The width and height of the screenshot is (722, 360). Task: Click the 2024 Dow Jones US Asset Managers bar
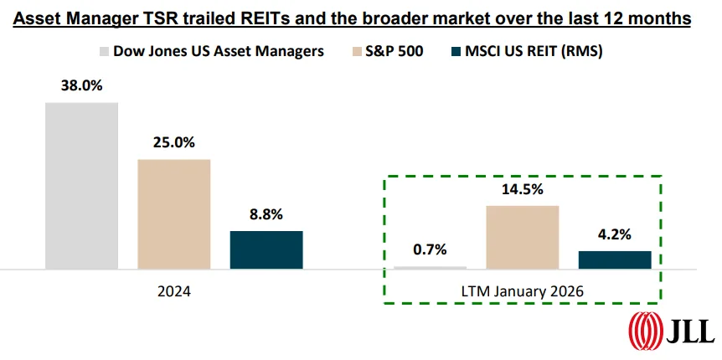[x=81, y=185]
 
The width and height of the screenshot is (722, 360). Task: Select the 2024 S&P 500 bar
[x=173, y=213]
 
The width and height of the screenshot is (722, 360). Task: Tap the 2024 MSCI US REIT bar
[x=266, y=249]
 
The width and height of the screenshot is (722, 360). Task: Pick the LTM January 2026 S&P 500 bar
[x=522, y=237]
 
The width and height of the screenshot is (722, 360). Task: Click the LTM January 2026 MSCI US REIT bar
[x=614, y=260]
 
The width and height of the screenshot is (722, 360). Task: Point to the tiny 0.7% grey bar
[x=430, y=268]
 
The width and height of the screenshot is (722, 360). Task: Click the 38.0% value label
[x=81, y=86]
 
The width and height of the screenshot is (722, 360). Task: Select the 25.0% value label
[x=173, y=143]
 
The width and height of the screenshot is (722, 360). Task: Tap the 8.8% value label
[x=266, y=214]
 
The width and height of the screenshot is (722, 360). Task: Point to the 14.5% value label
[x=522, y=189]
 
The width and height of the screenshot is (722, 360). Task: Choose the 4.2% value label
[x=614, y=234]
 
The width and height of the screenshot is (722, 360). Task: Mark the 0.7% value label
[x=430, y=249]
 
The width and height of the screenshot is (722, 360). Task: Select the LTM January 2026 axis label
[x=522, y=291]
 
